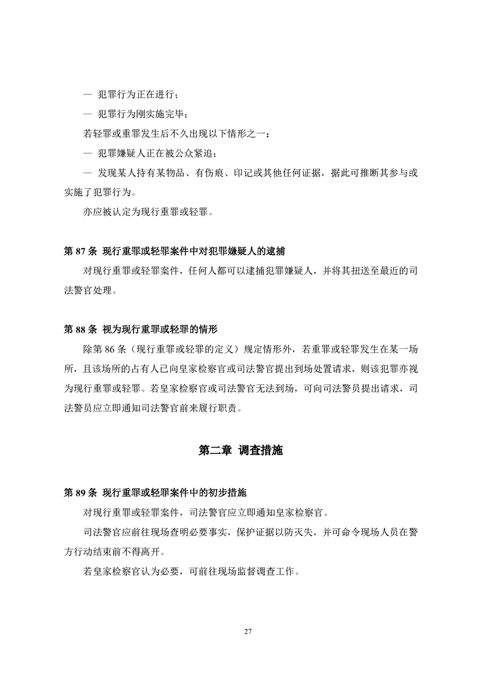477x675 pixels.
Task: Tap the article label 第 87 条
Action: (79, 251)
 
